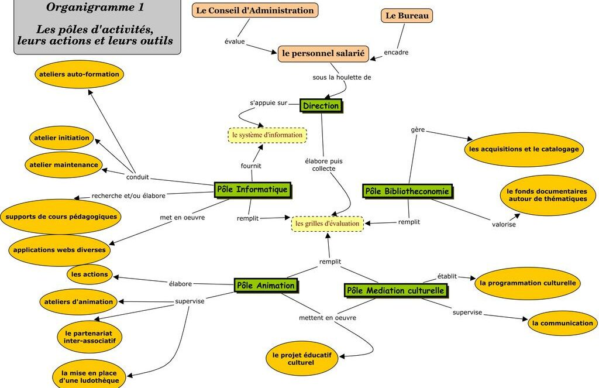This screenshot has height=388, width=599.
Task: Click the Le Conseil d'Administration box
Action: click(x=255, y=11)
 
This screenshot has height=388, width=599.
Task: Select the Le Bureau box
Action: click(x=407, y=16)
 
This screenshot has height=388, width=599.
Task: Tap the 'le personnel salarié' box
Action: click(x=323, y=54)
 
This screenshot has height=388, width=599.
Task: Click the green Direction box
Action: click(x=321, y=106)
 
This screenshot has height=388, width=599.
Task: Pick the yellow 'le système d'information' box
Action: click(x=267, y=135)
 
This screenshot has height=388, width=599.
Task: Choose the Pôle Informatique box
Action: click(x=252, y=190)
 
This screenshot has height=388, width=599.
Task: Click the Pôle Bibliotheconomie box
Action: click(x=407, y=191)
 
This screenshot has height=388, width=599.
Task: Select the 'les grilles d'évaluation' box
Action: click(x=328, y=224)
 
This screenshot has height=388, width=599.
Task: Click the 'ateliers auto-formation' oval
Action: click(x=79, y=74)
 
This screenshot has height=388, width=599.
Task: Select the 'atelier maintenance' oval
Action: click(x=64, y=165)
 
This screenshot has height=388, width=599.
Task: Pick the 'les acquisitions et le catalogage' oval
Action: click(x=524, y=149)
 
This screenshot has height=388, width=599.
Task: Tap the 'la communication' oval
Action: click(x=563, y=323)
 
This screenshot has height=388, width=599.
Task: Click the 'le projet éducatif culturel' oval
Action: click(x=301, y=359)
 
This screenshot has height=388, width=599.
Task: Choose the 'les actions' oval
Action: click(x=89, y=274)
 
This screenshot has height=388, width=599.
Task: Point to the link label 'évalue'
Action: click(x=235, y=42)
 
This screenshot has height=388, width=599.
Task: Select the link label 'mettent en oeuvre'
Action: click(x=327, y=318)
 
